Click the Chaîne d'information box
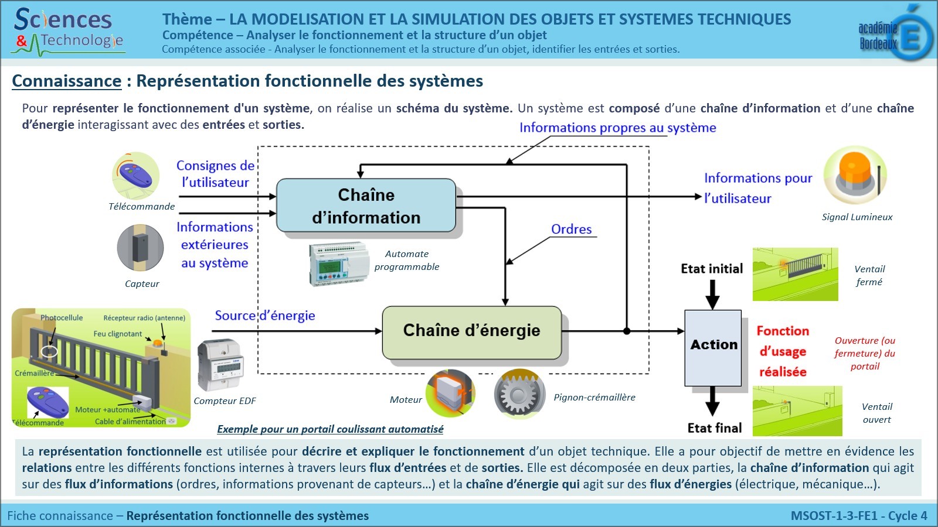coord(366,206)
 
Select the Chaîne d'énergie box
coord(471,331)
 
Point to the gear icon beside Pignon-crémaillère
coord(519,393)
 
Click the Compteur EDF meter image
coord(220,365)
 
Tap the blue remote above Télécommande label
coord(136,176)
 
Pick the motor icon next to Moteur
coord(450,392)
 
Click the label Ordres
coord(571,230)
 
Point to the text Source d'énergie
coord(264,316)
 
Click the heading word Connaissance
coord(66,81)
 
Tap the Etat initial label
coord(712,269)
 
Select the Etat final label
coord(715,428)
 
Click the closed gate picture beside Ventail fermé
coord(795,274)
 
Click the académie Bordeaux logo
coord(895,35)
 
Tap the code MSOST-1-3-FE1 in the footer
coord(834,516)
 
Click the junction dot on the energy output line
coord(627,331)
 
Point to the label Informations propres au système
coord(617,128)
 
